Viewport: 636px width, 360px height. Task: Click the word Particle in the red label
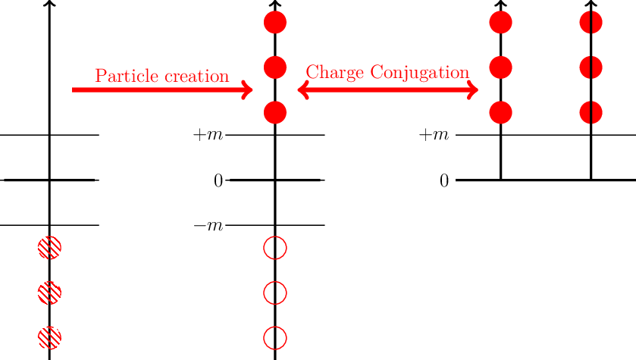(x=122, y=76)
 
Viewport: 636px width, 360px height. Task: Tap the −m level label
(x=208, y=226)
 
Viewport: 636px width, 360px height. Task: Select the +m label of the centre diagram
(x=208, y=135)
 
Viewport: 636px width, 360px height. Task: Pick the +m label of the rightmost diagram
(x=435, y=135)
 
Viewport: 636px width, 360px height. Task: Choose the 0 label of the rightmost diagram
(x=445, y=180)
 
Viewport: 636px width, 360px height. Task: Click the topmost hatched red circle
(x=49, y=248)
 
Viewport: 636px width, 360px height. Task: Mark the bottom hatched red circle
(x=49, y=337)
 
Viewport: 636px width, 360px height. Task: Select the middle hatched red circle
(x=49, y=293)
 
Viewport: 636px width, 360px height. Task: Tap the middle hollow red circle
(x=275, y=293)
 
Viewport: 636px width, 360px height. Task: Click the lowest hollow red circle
(x=275, y=337)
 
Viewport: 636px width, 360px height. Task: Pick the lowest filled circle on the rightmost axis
(x=591, y=113)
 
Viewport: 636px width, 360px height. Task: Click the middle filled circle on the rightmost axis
(x=591, y=67)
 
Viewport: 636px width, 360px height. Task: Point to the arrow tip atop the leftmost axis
(x=49, y=4)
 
